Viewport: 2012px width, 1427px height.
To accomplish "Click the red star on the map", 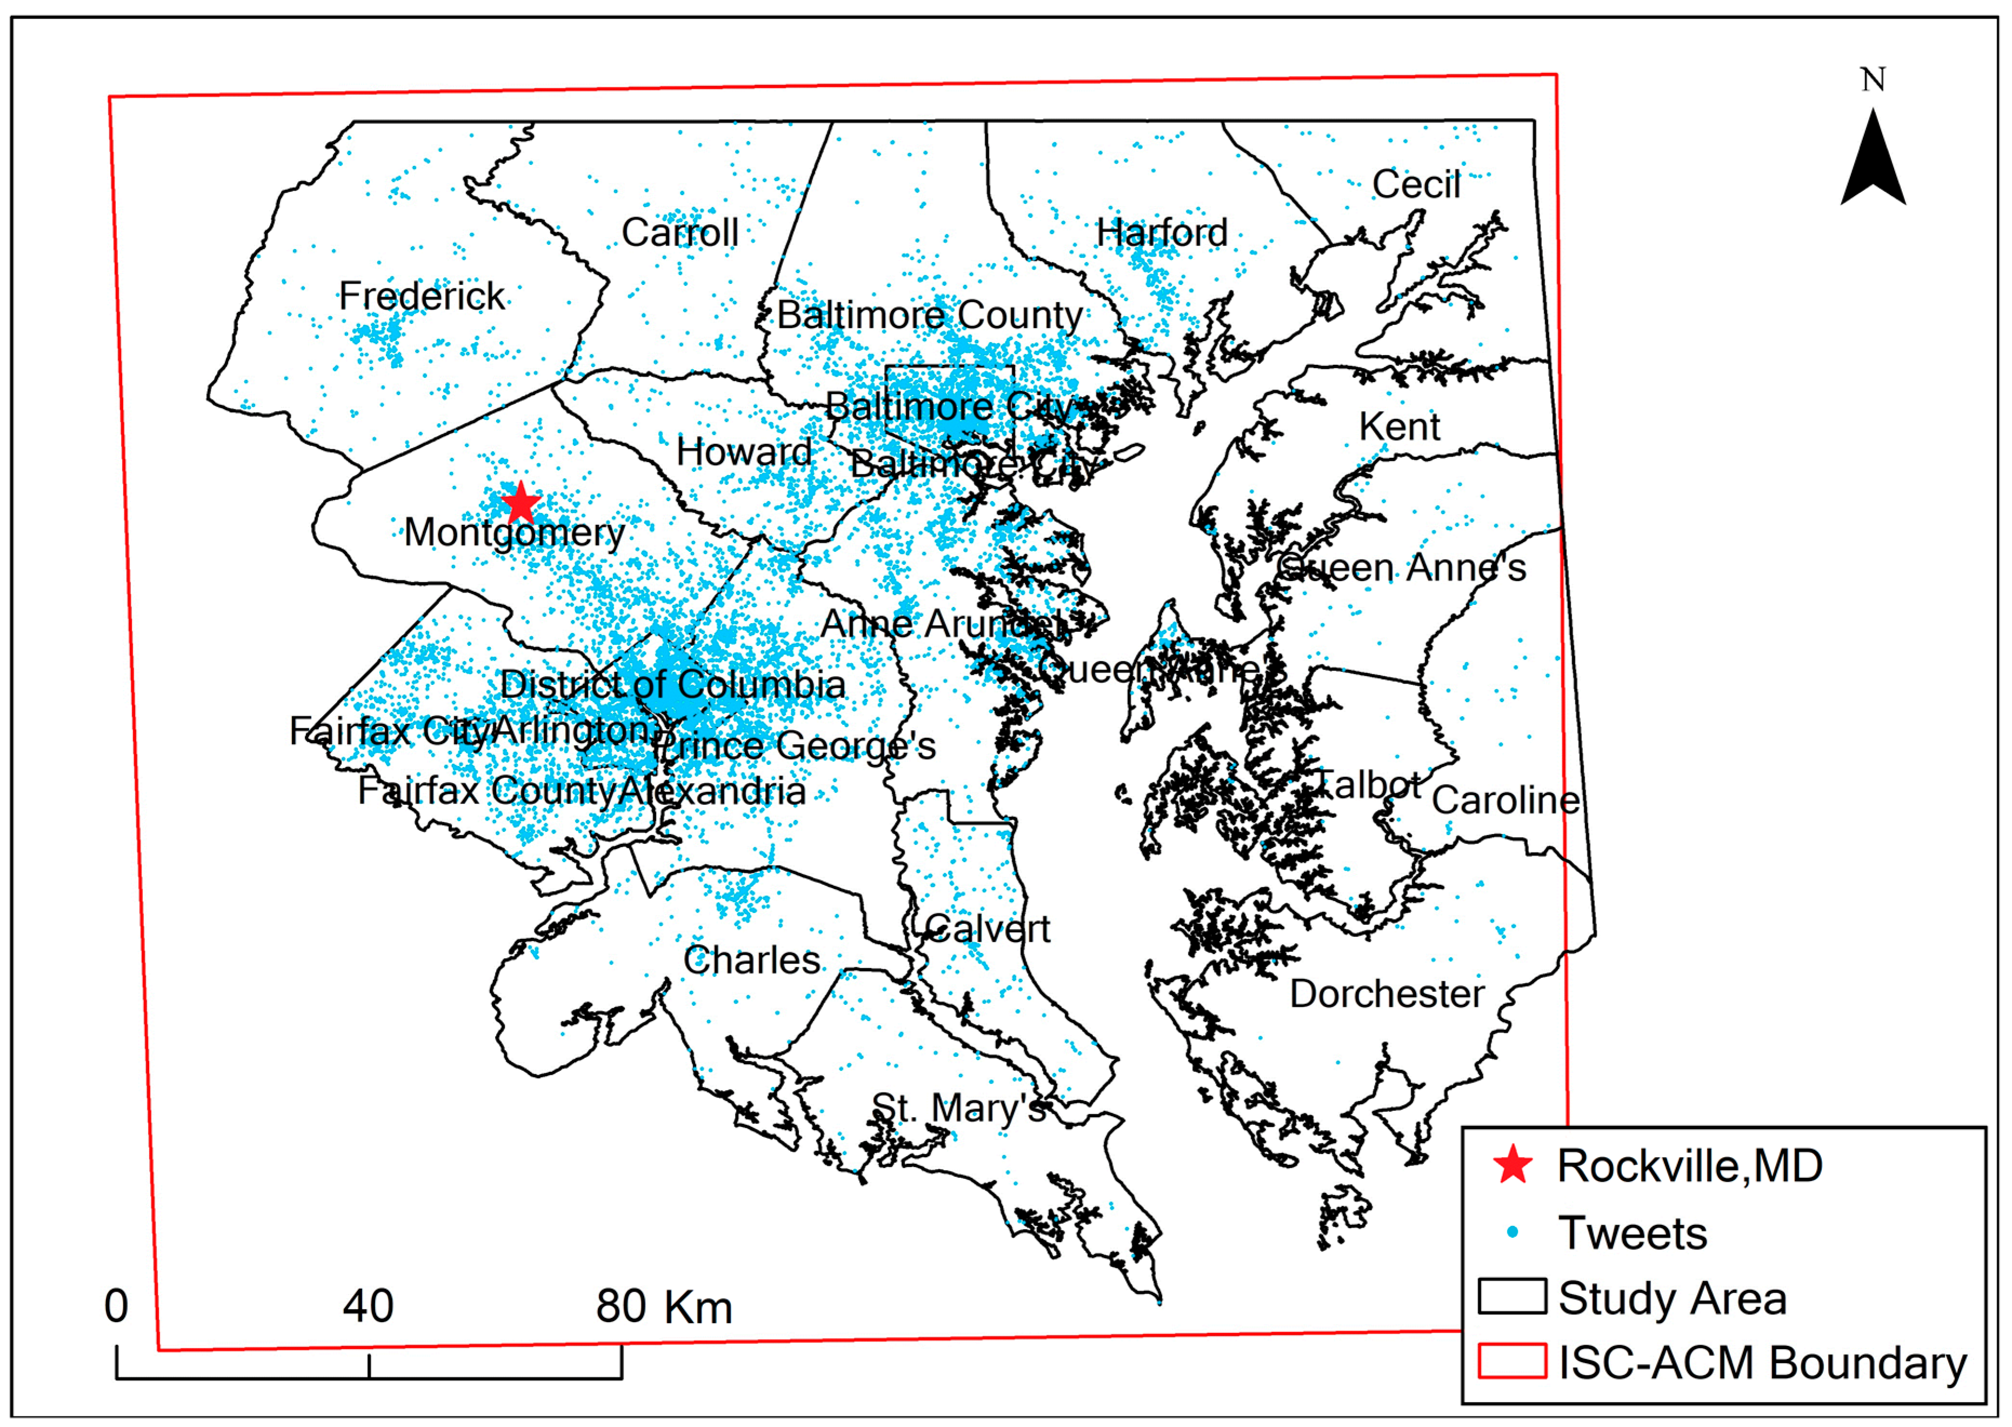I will click(521, 503).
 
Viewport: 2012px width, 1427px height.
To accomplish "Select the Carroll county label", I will click(679, 233).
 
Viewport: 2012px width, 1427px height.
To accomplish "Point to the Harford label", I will click(1161, 233).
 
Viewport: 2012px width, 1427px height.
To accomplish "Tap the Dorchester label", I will click(1386, 995).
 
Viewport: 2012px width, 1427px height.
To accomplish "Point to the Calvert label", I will click(987, 929).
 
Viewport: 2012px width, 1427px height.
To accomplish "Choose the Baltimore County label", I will click(930, 315).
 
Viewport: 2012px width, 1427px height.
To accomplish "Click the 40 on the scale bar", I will click(368, 1306).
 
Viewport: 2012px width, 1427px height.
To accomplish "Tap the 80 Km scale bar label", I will click(663, 1306).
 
